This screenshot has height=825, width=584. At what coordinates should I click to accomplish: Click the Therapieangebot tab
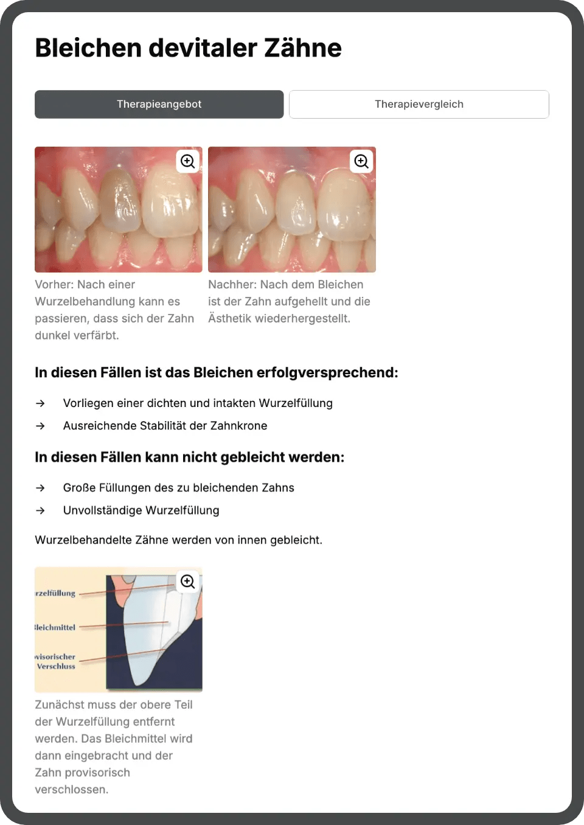(159, 104)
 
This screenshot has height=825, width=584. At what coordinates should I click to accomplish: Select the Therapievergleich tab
(419, 104)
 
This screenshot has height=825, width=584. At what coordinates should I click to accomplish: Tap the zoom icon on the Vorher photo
(188, 161)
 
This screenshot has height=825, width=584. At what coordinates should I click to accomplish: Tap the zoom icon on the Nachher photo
(361, 161)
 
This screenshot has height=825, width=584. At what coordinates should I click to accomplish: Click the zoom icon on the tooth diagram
(188, 582)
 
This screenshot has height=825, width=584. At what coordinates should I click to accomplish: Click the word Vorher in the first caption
(53, 285)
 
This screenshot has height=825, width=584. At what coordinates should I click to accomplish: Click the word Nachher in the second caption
(232, 285)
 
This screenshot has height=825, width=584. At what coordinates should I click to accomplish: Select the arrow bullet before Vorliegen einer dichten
(40, 403)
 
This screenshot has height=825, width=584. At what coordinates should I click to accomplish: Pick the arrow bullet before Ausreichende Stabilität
(40, 426)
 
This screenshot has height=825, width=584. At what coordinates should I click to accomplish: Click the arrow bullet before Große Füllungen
(40, 488)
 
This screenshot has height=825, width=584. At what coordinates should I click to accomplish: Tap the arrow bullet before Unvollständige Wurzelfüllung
(40, 510)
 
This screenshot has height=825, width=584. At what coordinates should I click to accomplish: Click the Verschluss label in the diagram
(56, 666)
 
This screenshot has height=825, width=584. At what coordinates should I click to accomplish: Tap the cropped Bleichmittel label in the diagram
(55, 627)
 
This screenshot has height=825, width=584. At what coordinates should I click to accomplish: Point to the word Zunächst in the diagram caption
(60, 705)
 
